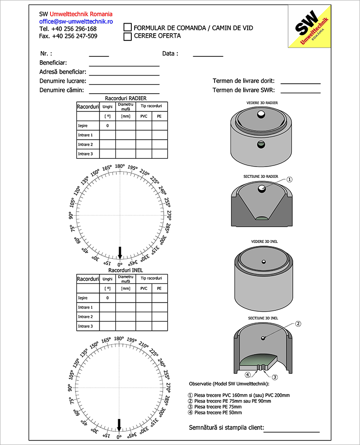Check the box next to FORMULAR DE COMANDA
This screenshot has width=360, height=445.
tap(128, 28)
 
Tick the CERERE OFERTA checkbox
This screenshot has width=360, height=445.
tap(128, 36)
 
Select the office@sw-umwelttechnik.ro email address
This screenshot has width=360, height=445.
tap(76, 21)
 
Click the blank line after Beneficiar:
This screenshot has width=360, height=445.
tap(124, 65)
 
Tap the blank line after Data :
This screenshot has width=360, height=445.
tap(208, 55)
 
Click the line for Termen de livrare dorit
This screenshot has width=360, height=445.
tap(300, 83)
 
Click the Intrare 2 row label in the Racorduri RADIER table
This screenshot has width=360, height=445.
tap(85, 145)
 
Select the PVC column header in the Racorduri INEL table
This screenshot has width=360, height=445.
tap(144, 288)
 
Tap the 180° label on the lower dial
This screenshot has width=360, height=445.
tap(119, 339)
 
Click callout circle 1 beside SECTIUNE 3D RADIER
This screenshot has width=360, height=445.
tap(290, 180)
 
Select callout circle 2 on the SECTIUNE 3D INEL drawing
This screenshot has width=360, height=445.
tap(298, 324)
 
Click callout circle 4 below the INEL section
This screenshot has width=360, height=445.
tap(248, 375)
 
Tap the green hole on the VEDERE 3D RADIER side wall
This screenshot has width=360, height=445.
tap(260, 145)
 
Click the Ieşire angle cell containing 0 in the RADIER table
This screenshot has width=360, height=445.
tap(108, 126)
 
